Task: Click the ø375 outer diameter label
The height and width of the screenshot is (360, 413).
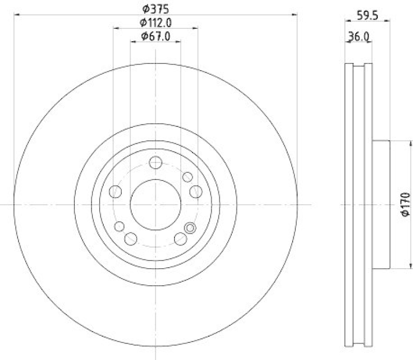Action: pos(155,9)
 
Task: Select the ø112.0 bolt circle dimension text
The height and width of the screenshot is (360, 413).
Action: pos(155,22)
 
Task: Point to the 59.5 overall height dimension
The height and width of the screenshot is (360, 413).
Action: pos(368,15)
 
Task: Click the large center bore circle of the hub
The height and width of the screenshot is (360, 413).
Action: pos(155,204)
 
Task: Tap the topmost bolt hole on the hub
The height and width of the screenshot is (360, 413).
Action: pos(155,163)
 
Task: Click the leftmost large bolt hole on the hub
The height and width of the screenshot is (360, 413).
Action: pos(116,192)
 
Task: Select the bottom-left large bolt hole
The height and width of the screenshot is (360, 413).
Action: pos(131,238)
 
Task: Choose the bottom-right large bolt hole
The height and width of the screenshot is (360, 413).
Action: pos(180,238)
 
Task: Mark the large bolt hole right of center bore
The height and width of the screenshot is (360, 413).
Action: pos(195,192)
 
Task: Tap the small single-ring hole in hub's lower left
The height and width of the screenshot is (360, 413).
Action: pos(119,226)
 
